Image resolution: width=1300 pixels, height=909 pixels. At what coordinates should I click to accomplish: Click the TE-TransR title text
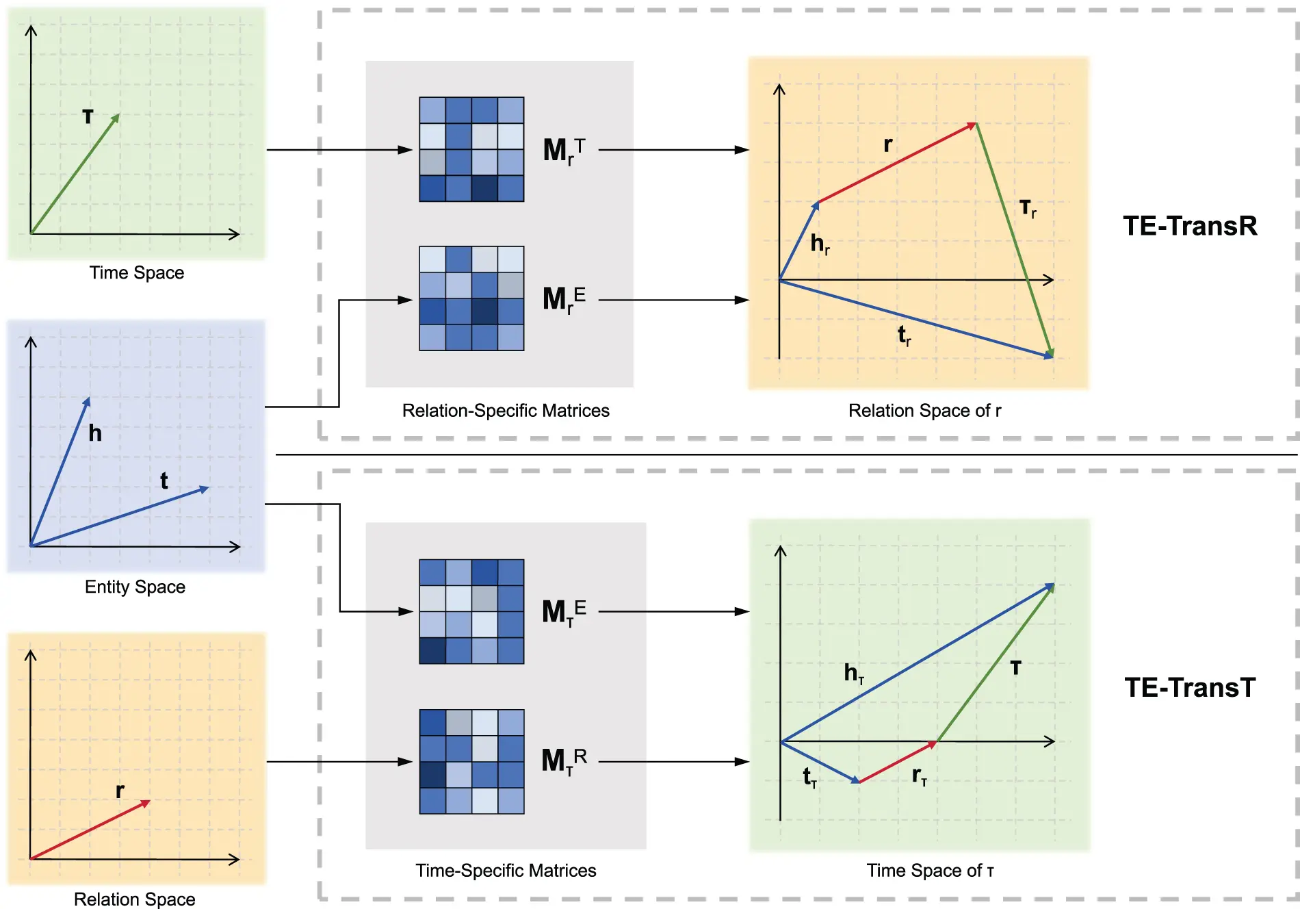[x=1190, y=226]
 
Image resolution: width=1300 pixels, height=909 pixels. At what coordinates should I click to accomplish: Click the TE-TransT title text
[x=1190, y=687]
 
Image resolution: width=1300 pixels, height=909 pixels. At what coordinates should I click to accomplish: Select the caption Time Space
[x=137, y=272]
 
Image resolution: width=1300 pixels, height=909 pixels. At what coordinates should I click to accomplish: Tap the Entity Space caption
[x=135, y=587]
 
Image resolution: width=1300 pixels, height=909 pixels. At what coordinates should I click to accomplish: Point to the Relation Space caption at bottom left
[x=135, y=899]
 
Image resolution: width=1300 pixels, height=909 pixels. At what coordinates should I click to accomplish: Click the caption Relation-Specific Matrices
[x=506, y=410]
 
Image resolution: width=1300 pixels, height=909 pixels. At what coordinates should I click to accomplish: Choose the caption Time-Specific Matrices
[x=506, y=870]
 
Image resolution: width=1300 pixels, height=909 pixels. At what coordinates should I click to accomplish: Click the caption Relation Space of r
[x=924, y=410]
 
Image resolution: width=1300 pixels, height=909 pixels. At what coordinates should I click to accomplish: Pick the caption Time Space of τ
[x=930, y=870]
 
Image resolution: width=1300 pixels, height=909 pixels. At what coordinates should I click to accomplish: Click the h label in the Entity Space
[x=95, y=433]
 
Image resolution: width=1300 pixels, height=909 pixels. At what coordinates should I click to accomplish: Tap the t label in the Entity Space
[x=164, y=481]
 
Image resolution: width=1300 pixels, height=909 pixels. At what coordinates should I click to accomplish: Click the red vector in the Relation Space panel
[x=89, y=830]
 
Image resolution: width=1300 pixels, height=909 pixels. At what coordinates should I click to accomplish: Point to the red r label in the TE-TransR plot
[x=887, y=144]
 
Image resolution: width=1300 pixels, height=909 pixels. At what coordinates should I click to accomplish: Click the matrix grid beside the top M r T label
[x=471, y=149]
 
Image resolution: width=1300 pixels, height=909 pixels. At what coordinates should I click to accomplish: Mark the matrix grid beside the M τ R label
[x=471, y=761]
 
